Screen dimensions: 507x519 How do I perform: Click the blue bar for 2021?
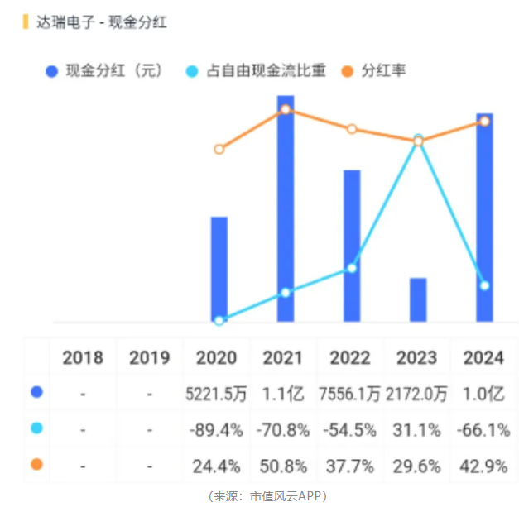coord(286,207)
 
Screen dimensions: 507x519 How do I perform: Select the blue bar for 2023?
coord(418,299)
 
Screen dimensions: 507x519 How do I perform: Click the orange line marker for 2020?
coord(219,150)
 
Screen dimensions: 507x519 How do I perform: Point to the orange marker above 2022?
coord(352,129)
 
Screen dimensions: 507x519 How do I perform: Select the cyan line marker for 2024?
coord(485,285)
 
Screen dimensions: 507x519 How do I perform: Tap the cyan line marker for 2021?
coord(286,293)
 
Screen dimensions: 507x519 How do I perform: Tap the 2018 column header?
coord(83,357)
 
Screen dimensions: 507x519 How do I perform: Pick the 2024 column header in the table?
coord(484,357)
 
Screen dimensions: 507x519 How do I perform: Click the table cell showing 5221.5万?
coord(217,394)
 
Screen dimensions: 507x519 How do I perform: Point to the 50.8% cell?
coord(286,466)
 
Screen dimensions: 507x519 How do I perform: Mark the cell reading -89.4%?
coord(217,430)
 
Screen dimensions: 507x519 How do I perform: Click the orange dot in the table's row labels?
coord(36,465)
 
